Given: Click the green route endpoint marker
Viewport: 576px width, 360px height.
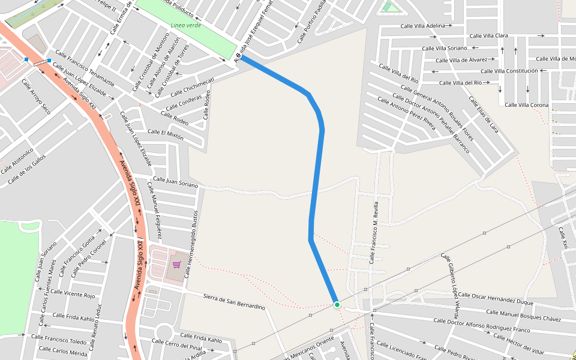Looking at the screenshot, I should [x=337, y=305].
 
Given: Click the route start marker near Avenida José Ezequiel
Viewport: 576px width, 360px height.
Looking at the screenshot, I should [x=238, y=57].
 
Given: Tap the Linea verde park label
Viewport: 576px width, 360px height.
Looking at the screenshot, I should [x=185, y=25].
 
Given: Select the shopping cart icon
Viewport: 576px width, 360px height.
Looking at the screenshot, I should [x=176, y=264].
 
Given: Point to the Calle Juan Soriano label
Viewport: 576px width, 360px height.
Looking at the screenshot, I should [x=176, y=182].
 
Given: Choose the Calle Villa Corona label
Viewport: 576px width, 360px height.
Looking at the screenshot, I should [x=527, y=105].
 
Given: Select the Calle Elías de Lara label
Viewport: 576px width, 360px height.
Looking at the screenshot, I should [x=484, y=114].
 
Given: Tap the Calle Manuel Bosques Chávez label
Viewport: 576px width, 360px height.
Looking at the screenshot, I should [x=523, y=316].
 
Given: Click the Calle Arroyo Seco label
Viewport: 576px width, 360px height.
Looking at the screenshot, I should [x=35, y=97].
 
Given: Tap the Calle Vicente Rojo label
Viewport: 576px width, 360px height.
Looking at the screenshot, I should [x=73, y=294].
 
